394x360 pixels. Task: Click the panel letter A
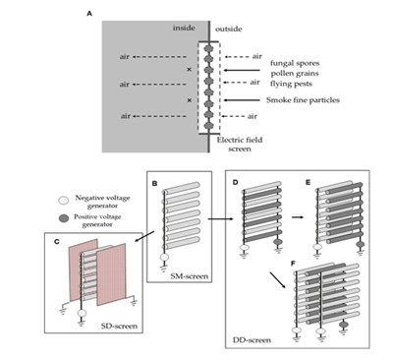click(x=89, y=14)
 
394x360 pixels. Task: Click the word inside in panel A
click(x=184, y=28)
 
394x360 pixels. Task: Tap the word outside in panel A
click(x=229, y=29)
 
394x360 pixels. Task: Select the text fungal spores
click(x=295, y=63)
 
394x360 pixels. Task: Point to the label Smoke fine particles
click(x=303, y=100)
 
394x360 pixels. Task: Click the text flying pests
click(x=291, y=84)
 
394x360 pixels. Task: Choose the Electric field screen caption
click(x=240, y=145)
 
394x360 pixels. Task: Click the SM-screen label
click(x=190, y=276)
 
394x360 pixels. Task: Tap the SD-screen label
click(x=119, y=326)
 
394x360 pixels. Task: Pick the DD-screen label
click(x=252, y=340)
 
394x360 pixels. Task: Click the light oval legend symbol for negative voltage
click(x=64, y=200)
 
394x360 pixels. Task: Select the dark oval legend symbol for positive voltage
click(x=64, y=218)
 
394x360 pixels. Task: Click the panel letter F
click(x=293, y=264)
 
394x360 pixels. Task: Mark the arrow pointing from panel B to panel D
click(x=220, y=219)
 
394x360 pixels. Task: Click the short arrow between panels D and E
click(x=298, y=216)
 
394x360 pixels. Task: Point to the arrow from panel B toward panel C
click(x=144, y=237)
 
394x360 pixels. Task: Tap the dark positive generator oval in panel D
click(x=278, y=242)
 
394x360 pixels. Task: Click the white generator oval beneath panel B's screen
click(x=164, y=258)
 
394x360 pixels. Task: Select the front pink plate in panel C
click(x=111, y=274)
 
